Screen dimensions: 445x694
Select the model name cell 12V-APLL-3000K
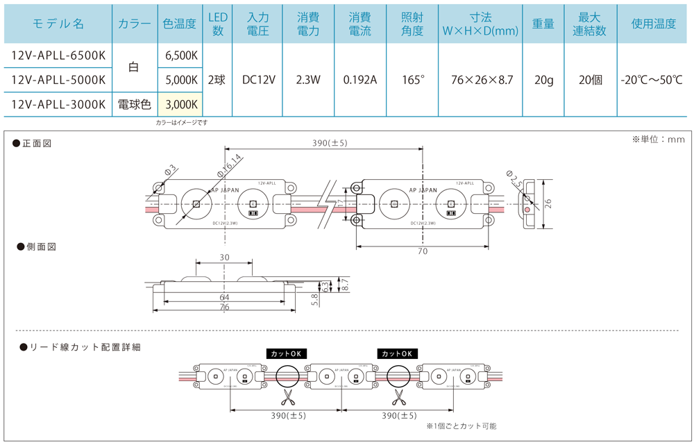coord(58,105)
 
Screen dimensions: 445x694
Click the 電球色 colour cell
coord(135,105)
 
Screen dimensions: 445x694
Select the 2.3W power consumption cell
coord(308,80)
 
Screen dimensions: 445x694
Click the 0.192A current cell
coord(359,80)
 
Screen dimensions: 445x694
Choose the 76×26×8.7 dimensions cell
coord(481,80)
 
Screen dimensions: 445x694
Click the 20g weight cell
coord(543,80)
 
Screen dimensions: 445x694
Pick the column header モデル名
coord(58,24)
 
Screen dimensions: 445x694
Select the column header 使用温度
coord(653,24)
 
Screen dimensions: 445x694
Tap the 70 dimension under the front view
coord(423,251)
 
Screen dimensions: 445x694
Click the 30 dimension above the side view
coord(224,257)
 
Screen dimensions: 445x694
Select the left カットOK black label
coord(287,353)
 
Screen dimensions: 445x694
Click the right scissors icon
coord(399,396)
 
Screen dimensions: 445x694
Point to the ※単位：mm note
coord(658,140)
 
